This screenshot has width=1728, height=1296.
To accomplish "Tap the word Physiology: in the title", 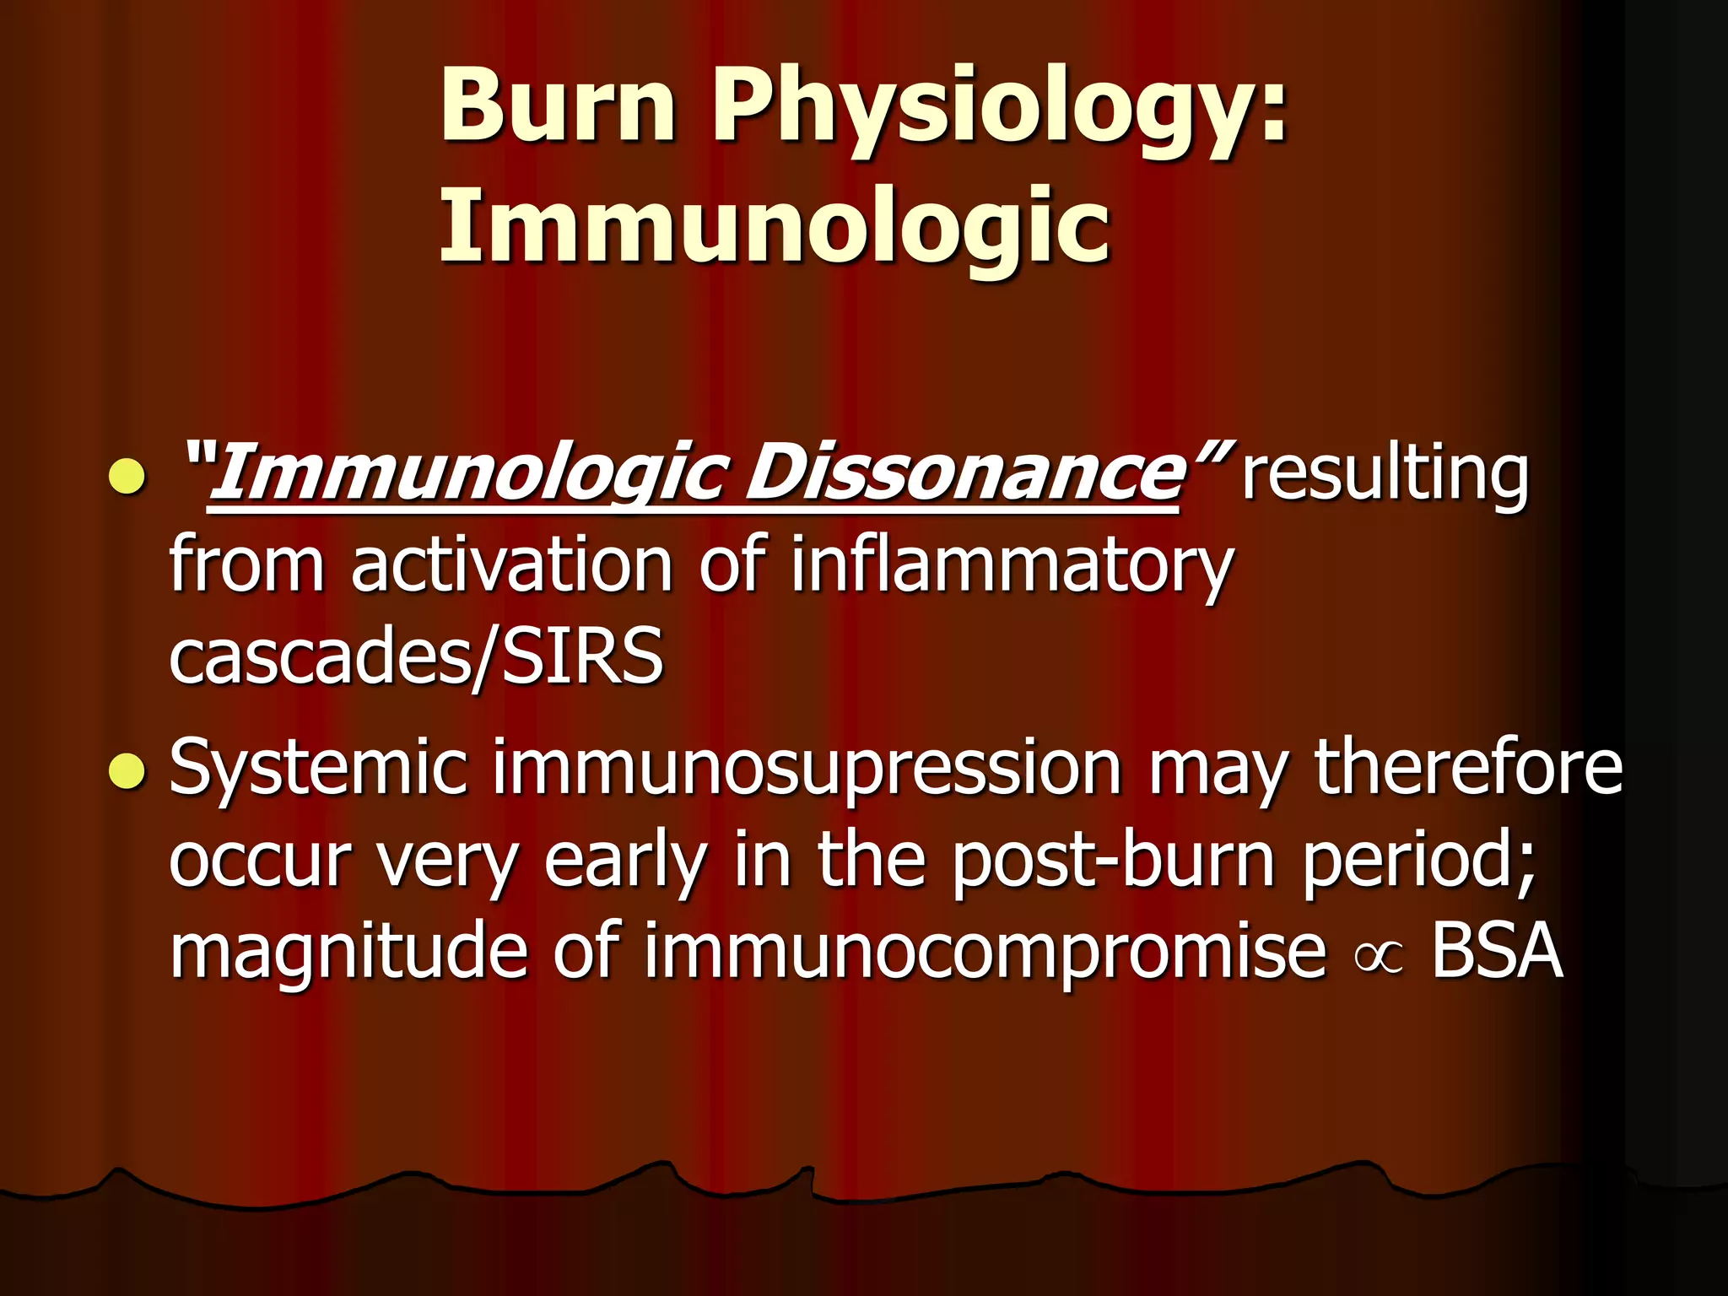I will coord(1000,110).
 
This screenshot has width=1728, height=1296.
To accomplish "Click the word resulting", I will coord(1384,475).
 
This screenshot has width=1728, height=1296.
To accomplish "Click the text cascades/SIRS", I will coord(416,657).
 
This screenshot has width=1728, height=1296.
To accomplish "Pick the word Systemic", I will coord(318,767).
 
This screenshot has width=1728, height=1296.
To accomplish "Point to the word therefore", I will coord(1468,767).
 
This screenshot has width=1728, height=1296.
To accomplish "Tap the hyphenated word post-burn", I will coord(1113,861).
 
